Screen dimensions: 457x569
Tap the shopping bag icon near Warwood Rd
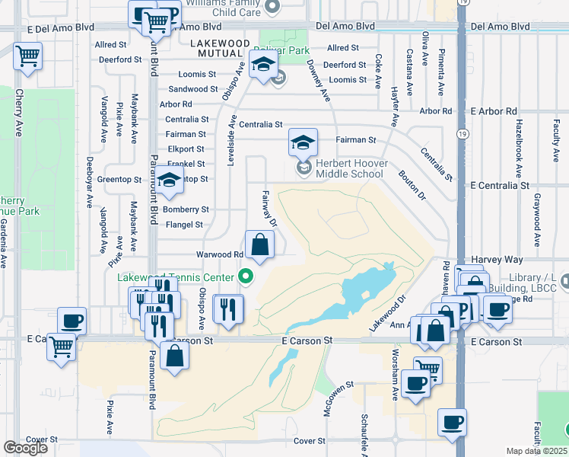pos(259,245)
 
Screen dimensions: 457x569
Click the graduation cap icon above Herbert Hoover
pos(302,142)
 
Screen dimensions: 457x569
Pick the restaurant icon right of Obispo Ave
pos(228,309)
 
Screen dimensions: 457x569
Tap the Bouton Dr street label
pos(412,185)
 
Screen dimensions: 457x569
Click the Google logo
pos(25,448)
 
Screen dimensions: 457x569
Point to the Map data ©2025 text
pos(536,451)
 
